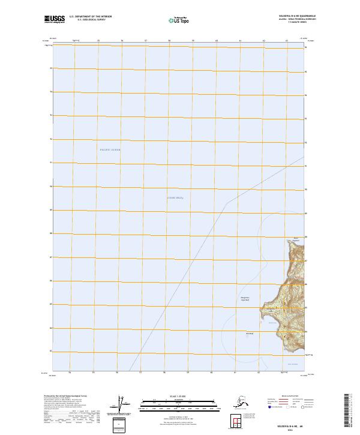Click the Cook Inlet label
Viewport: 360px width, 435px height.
tap(175, 197)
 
